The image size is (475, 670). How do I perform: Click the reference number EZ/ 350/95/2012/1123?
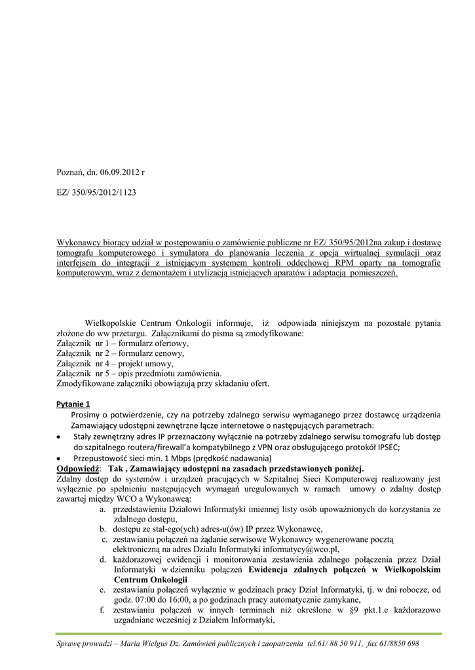pos(96,194)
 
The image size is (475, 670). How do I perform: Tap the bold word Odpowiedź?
pos(77,469)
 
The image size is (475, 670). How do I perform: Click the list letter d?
pos(104,559)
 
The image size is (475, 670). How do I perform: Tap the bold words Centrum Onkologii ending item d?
pos(151,580)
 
